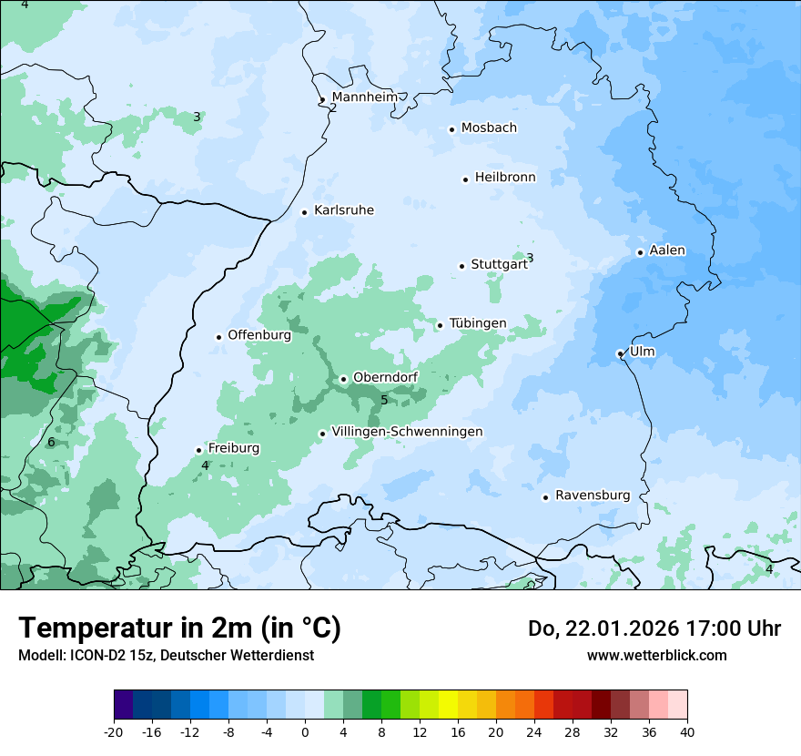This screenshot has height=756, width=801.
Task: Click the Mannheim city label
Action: pos(364,97)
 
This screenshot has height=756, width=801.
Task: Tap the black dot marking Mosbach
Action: pos(451,129)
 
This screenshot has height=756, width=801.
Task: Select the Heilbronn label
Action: pos(505,178)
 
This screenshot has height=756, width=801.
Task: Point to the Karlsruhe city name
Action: pos(343,210)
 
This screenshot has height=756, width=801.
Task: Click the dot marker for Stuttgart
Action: pos(461,266)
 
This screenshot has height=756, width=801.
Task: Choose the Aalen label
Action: pos(667,250)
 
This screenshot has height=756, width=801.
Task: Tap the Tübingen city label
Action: pos(478,323)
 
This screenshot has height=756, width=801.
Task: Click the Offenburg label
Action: pos(259,335)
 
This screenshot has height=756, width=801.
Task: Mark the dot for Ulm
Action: pos(620,353)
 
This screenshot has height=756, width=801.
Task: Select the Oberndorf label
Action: pos(385,378)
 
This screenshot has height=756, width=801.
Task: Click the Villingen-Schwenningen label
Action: pos(407,432)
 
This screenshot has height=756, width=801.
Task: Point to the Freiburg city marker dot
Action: pos(198,450)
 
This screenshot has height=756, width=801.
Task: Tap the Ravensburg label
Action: pos(593,495)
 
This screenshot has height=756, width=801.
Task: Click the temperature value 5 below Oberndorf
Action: pos(384,400)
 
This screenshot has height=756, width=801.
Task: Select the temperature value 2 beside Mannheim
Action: pos(333,107)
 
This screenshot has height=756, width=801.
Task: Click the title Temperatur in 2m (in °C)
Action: pos(179,628)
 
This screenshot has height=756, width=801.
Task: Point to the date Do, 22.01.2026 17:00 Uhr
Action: pos(654,628)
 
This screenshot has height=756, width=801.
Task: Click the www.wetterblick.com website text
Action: pos(656,655)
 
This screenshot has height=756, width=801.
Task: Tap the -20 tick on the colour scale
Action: pos(114,731)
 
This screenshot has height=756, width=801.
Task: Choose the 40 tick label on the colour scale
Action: pos(687,731)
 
